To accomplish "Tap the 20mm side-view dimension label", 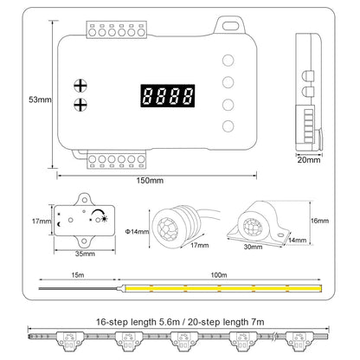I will (x=309, y=160).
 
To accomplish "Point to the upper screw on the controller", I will (x=82, y=86).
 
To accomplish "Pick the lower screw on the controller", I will (x=82, y=106).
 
